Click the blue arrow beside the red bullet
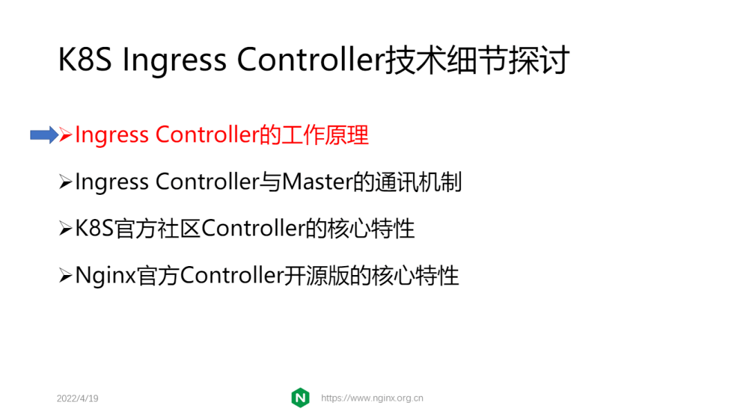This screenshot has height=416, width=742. (44, 135)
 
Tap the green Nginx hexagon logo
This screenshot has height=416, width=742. (301, 397)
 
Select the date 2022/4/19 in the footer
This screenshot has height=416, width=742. (77, 399)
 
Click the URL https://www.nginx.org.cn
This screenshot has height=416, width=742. (372, 398)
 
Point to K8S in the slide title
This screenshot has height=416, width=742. (84, 61)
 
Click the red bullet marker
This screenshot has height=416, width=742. (66, 135)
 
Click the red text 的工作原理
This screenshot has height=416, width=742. (314, 135)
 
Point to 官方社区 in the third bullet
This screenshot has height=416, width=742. (158, 229)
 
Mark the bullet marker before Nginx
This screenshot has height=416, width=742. (66, 276)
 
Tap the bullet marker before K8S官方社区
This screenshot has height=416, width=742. (66, 229)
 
